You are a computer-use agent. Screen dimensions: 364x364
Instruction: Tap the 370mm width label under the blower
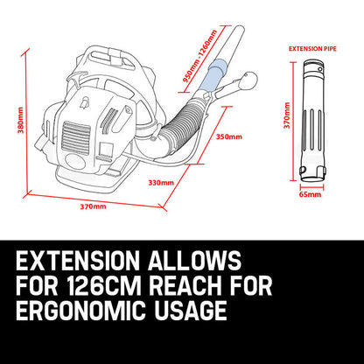(x=93, y=206)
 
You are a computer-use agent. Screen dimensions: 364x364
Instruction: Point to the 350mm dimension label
(x=229, y=136)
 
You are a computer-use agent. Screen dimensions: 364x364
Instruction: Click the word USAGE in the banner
(x=198, y=312)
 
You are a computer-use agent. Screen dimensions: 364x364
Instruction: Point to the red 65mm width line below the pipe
(x=310, y=185)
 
